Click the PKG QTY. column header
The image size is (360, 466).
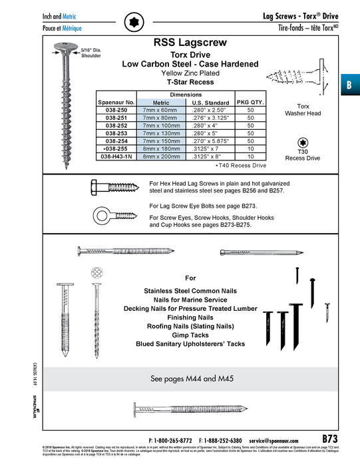[251, 102]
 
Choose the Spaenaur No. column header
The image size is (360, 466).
[117, 103]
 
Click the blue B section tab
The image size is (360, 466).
[349, 85]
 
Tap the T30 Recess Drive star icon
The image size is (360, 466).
[303, 141]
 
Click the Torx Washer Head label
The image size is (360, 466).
[303, 110]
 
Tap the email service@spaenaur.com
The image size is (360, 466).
[279, 440]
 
